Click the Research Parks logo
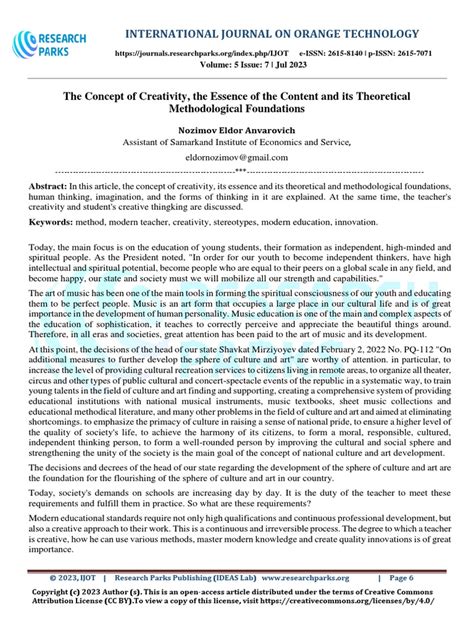(50, 45)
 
